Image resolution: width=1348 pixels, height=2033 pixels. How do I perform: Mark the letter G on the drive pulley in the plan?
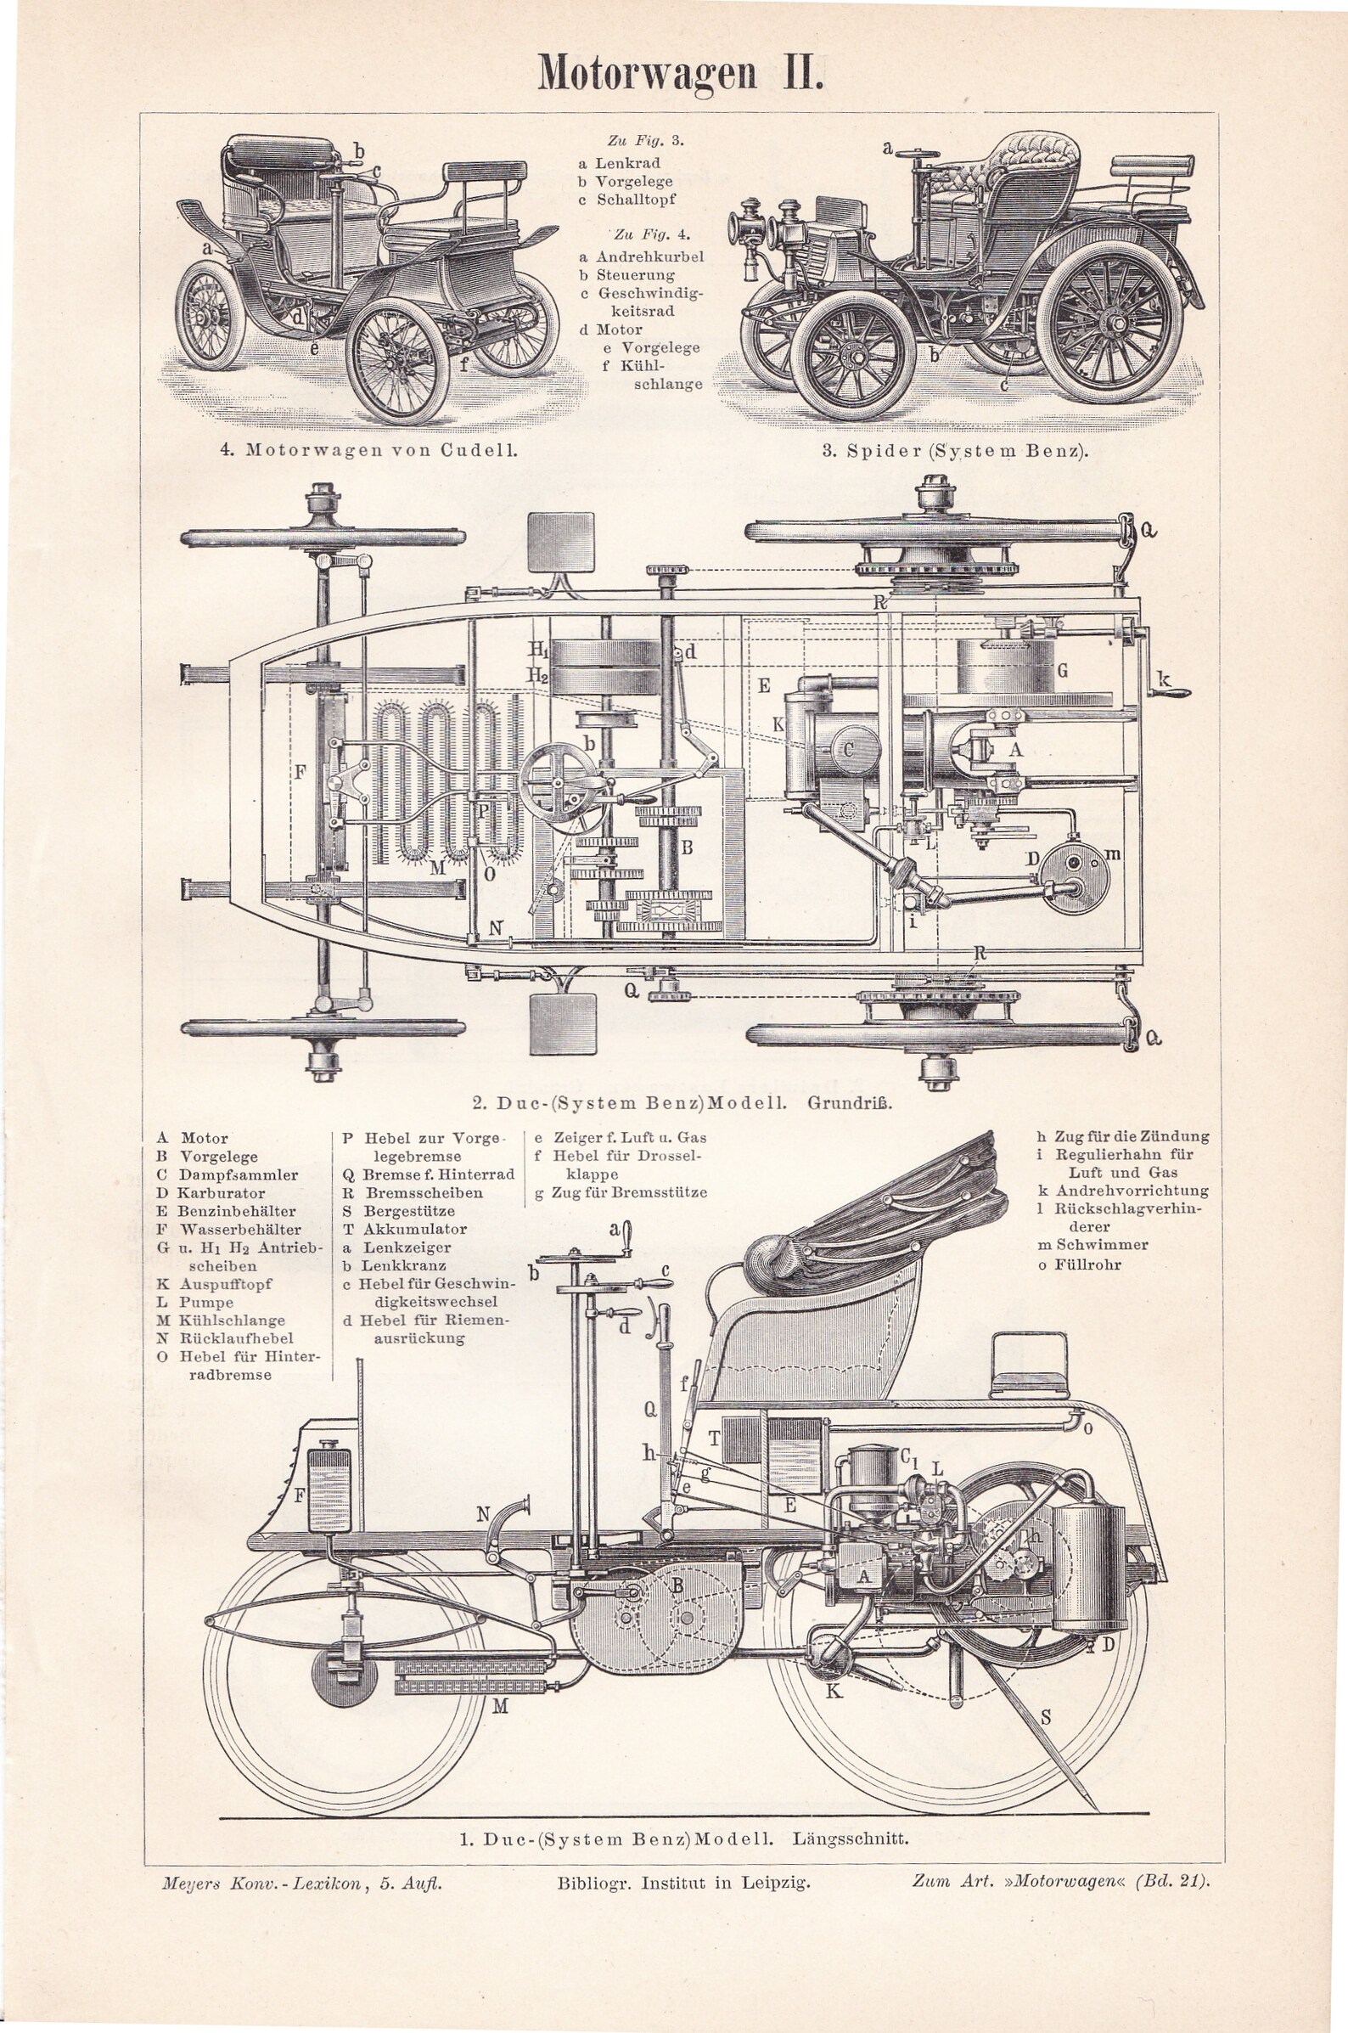coord(1063,670)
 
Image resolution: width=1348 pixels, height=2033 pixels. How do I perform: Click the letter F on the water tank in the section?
coord(300,1495)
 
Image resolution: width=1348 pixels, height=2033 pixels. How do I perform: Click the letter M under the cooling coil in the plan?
coord(437,868)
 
